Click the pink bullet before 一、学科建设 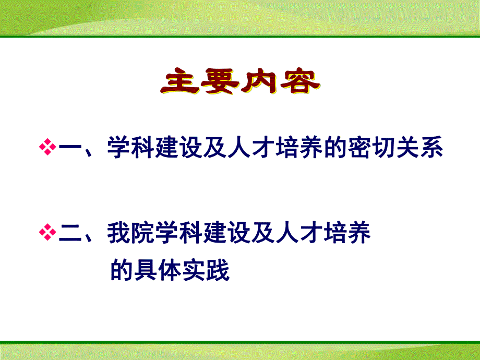click(x=47, y=148)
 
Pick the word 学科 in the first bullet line click(x=130, y=148)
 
